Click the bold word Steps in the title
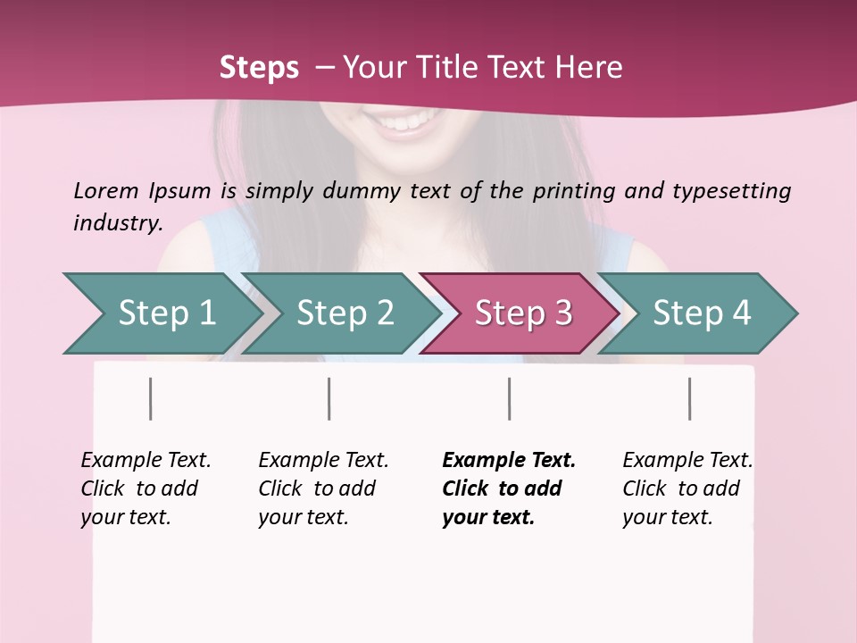pos(259,68)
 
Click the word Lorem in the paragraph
pos(106,190)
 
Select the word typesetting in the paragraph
pos(731,191)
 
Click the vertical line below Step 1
pos(151,398)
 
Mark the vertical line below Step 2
pos(329,398)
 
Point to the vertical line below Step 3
pos(510,398)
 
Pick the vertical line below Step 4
pos(690,398)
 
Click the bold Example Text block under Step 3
pos(508,489)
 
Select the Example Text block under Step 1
pos(146,489)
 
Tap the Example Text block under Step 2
pos(323,489)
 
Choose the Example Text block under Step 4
pos(687,489)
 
